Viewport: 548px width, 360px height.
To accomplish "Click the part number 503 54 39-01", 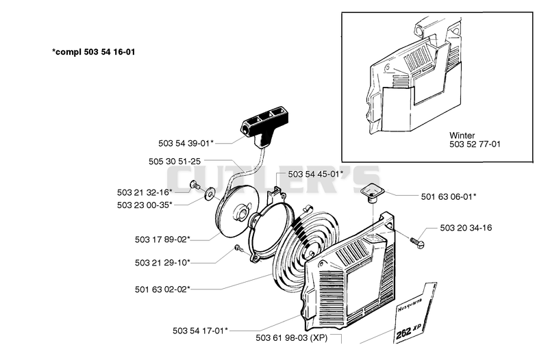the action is coord(186,144).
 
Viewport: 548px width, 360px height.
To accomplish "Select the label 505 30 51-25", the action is coord(175,162).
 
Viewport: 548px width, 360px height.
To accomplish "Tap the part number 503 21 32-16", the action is coord(145,192).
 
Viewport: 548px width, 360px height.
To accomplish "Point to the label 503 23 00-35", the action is coord(145,205).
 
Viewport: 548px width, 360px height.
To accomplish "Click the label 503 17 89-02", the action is coord(162,240).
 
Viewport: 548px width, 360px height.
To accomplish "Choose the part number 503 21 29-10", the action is coord(162,262).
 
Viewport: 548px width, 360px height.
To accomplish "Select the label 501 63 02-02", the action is coord(162,290).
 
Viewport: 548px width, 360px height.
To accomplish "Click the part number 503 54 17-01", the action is coord(200,331).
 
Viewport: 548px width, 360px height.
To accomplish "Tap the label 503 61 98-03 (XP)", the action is coord(292,337).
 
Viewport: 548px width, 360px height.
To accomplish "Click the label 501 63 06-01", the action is coord(449,196).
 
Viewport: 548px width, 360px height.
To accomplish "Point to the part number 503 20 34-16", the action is coord(466,228).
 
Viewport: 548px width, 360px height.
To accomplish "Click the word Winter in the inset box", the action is coord(462,135).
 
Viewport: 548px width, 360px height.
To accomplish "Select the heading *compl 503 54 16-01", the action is coord(94,52).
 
